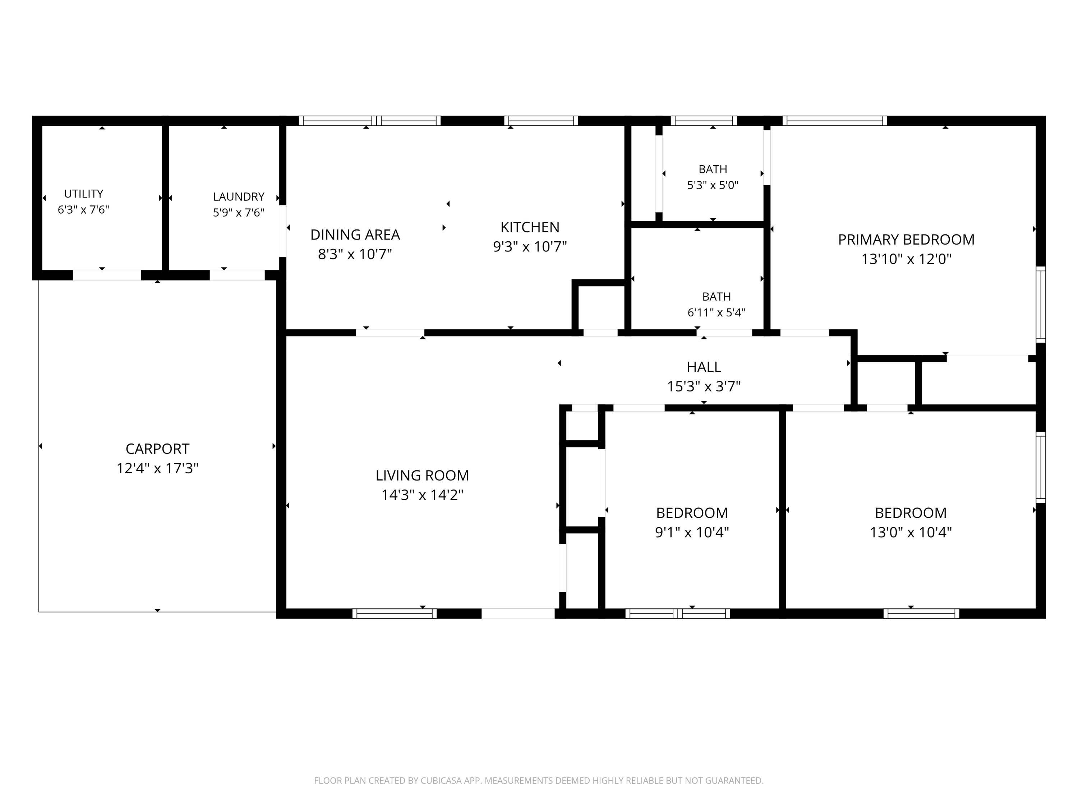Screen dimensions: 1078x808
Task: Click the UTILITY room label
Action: point(83,194)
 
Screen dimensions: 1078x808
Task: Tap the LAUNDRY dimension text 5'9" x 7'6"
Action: point(239,212)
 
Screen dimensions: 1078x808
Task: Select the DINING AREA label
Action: point(355,235)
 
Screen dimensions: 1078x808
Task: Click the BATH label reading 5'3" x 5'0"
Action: point(713,185)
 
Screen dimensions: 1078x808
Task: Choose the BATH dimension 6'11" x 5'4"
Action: point(717,312)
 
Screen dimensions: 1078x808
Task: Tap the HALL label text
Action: point(704,367)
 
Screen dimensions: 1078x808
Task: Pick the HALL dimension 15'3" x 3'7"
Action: point(704,386)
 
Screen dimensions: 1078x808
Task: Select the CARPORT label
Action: point(157,449)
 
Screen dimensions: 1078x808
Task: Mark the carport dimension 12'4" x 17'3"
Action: point(157,468)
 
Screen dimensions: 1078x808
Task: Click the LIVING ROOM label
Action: point(422,475)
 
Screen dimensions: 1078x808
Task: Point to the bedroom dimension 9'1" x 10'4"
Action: point(692,532)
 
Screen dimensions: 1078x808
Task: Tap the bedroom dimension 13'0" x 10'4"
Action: point(911,532)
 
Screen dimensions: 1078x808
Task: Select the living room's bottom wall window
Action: point(394,614)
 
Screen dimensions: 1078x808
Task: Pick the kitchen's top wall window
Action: point(541,121)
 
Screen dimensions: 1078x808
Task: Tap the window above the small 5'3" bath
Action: point(704,121)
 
